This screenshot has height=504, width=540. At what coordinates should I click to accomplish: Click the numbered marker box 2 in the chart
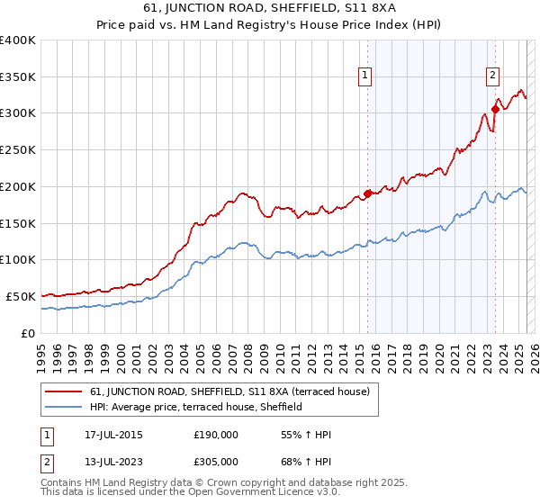point(494,76)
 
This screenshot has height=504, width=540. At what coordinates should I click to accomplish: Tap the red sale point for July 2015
point(367,193)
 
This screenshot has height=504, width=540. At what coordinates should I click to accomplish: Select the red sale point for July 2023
point(495,110)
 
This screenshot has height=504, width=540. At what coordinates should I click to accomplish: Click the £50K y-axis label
point(21,296)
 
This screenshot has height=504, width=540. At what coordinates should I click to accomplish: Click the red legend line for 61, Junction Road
point(65,392)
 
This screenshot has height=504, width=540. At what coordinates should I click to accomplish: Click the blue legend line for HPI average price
point(65,408)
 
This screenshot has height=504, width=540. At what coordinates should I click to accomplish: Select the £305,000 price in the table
point(216,462)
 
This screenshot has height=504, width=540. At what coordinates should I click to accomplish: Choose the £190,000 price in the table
point(216,435)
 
